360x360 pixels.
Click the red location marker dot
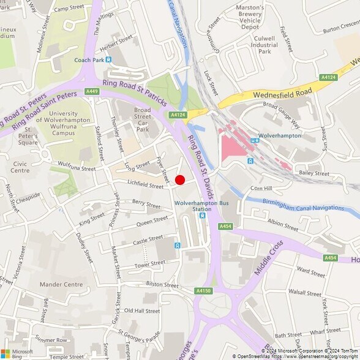click(x=180, y=179)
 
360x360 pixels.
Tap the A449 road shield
click(x=92, y=91)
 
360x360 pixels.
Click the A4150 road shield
click(x=203, y=290)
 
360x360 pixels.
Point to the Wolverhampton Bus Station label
click(x=197, y=205)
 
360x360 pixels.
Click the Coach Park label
click(x=91, y=59)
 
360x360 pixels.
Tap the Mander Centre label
click(x=61, y=285)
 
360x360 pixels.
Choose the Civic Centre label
click(x=20, y=167)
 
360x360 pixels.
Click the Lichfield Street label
click(x=146, y=184)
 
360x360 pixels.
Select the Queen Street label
click(x=152, y=221)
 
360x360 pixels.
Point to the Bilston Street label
click(x=163, y=285)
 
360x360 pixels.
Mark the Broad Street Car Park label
click(x=142, y=119)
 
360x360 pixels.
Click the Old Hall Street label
click(x=141, y=311)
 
